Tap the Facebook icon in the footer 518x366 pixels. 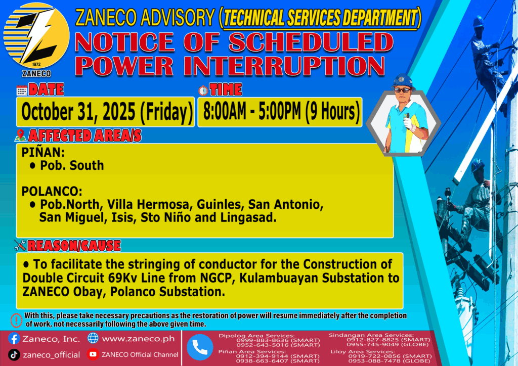tap(14, 339)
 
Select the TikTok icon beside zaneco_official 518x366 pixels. tap(14, 355)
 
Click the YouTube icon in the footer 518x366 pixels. tap(93, 354)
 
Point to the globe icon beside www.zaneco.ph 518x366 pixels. tap(93, 338)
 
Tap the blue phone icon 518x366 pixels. tap(200, 347)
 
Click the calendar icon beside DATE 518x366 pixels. tap(22, 90)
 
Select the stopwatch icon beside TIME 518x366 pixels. tap(203, 90)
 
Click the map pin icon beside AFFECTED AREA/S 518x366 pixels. tap(20, 135)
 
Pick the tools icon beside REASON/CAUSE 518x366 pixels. tap(20, 245)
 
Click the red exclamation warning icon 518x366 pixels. tap(16, 320)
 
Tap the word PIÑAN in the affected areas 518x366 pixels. tap(43, 153)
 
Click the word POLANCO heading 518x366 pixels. tap(52, 192)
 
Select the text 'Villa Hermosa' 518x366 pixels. tap(149, 205)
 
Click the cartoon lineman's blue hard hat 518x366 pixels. tap(403, 81)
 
